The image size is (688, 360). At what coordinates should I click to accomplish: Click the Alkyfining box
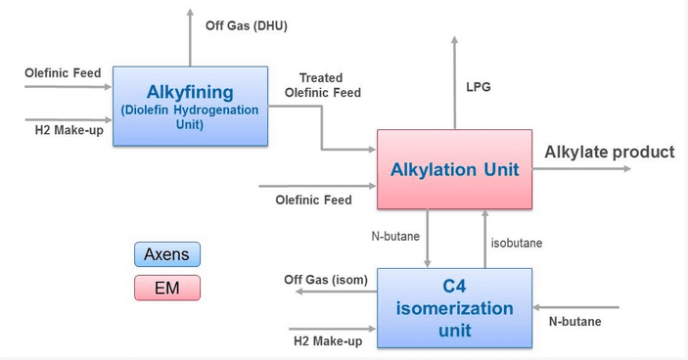tap(190, 106)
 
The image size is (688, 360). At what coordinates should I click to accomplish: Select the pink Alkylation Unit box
tap(454, 169)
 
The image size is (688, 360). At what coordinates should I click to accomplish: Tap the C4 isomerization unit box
tap(454, 307)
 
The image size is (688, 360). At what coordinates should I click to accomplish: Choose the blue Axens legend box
tap(166, 254)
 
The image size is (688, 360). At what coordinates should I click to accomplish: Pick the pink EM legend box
tap(166, 288)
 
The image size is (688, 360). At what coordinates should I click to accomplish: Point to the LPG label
tap(478, 87)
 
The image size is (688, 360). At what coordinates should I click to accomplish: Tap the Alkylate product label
tap(609, 152)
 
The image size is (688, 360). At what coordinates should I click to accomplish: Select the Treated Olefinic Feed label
tap(322, 85)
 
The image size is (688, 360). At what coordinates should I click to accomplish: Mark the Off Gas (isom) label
tap(326, 280)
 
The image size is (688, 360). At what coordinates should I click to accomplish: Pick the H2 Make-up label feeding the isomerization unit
tap(328, 340)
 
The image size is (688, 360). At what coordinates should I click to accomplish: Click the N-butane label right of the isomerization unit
tap(574, 321)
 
